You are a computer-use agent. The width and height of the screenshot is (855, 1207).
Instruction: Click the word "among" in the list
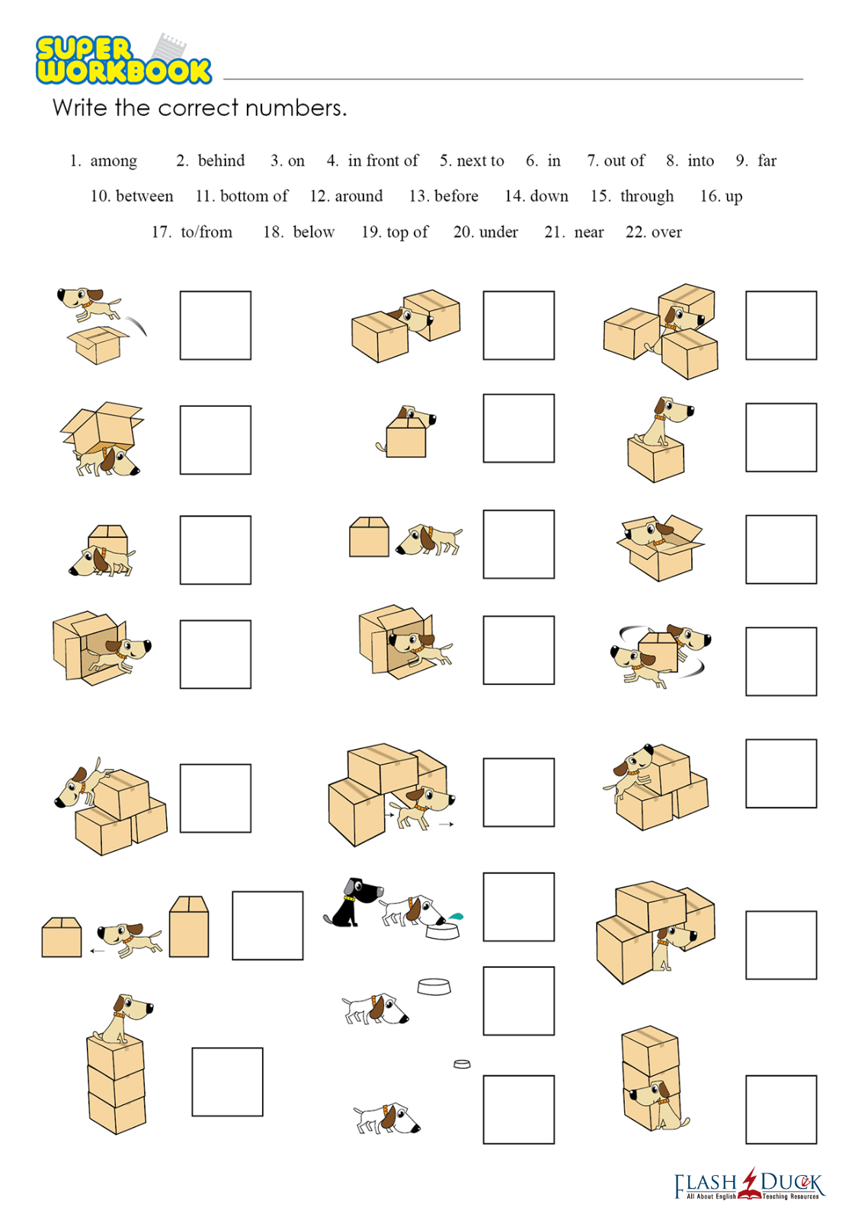point(114,161)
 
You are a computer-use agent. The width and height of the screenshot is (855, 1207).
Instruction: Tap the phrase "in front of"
point(383,161)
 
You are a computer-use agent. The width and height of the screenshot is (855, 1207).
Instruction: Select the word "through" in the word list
point(647,196)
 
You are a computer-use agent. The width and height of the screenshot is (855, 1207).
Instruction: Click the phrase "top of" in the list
point(407,232)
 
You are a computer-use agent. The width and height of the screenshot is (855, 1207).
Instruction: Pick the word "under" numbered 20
point(498,232)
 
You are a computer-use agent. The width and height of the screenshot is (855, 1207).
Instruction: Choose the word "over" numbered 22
point(667,232)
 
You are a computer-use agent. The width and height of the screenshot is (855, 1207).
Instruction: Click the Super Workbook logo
point(123,59)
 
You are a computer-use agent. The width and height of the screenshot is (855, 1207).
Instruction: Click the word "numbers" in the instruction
point(295,108)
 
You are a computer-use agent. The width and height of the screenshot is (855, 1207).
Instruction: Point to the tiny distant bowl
point(463,1065)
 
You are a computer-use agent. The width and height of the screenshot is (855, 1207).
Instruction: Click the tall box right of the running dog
point(188,927)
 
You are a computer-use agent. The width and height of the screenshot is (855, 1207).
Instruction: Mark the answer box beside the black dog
point(518,907)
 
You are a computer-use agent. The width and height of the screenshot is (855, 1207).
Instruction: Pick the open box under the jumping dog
point(98,344)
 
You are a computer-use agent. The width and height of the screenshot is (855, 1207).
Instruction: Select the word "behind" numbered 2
point(221,161)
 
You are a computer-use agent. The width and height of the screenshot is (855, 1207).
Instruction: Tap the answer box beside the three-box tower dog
point(227,1081)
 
